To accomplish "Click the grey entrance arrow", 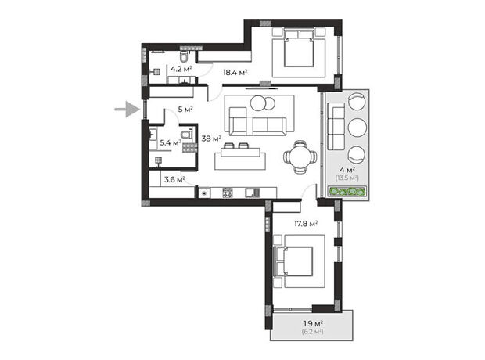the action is [128, 110].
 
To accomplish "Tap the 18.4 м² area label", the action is [235, 73].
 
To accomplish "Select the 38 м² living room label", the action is [211, 139].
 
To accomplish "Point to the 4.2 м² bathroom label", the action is [181, 69].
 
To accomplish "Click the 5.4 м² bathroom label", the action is [171, 142].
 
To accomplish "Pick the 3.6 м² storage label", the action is [174, 179].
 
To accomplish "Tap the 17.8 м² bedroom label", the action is [306, 224].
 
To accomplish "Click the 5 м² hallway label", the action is [185, 110].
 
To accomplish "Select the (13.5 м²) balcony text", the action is [347, 178].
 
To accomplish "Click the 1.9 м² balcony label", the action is [313, 324].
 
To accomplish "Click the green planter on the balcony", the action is [347, 192].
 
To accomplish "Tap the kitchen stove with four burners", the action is [228, 193].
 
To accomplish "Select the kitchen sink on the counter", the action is [253, 193].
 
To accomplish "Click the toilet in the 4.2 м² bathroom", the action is [184, 56].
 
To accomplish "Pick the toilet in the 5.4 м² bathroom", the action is [186, 135].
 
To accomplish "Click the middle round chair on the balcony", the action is [357, 128].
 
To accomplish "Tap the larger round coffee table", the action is [259, 103].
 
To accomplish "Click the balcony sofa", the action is [336, 126].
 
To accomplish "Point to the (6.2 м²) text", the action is [313, 332].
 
